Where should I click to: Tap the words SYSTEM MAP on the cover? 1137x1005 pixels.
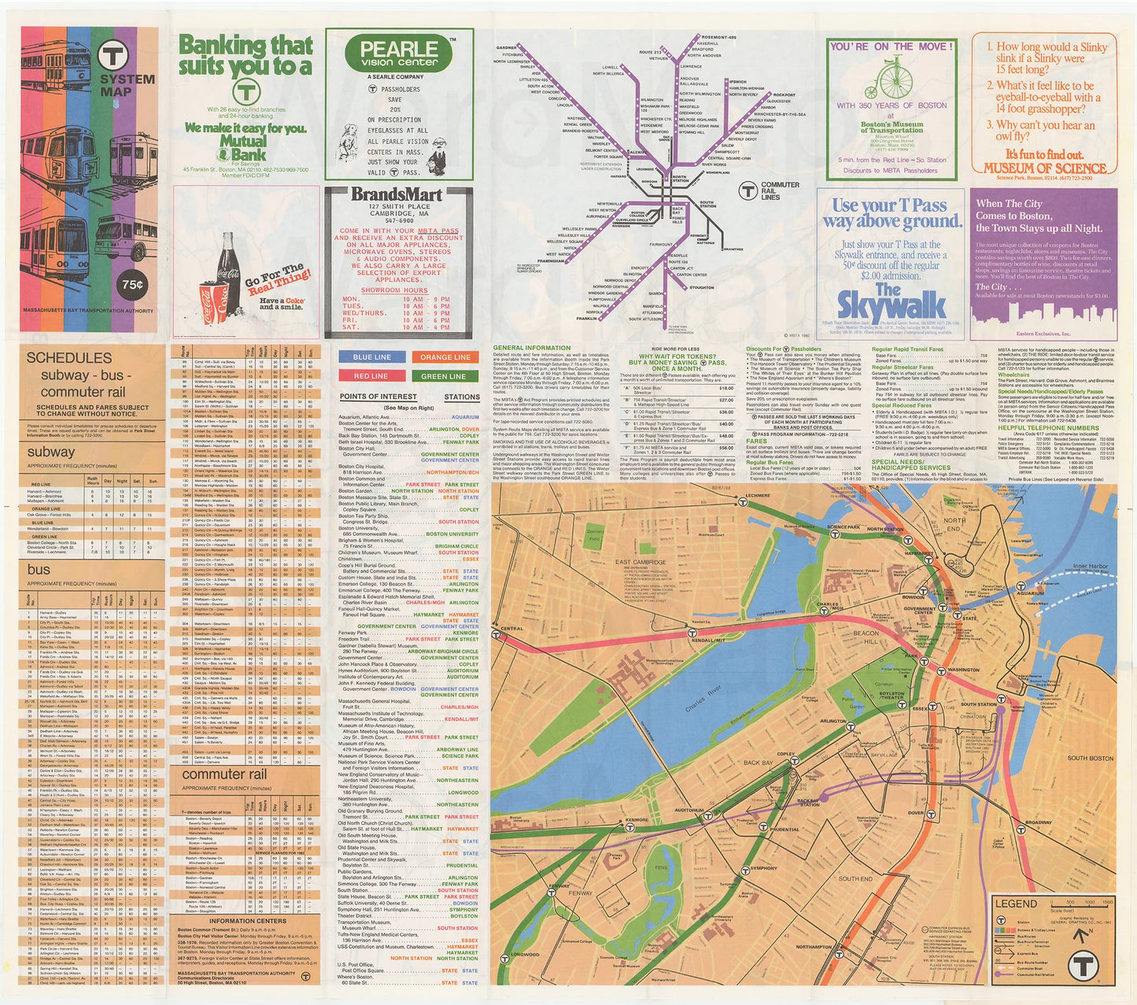[x=126, y=85]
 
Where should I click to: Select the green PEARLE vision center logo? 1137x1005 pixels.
[x=399, y=54]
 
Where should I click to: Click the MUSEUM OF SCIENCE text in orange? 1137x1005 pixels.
[x=1045, y=168]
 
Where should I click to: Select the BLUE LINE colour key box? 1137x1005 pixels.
[x=371, y=357]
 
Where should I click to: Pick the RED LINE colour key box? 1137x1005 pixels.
[x=371, y=376]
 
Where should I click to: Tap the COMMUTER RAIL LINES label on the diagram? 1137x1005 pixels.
[x=780, y=190]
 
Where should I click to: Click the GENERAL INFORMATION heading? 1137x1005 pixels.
[x=531, y=348]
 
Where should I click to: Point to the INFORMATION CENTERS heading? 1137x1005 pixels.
[x=247, y=921]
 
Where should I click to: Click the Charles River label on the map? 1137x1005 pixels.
[x=703, y=698]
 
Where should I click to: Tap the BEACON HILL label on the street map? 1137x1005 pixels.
[x=866, y=637]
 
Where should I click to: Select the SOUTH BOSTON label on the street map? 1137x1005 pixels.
[x=1090, y=758]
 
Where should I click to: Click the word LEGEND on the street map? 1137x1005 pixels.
[x=1016, y=903]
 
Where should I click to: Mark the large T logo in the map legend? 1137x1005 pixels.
[x=1086, y=965]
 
